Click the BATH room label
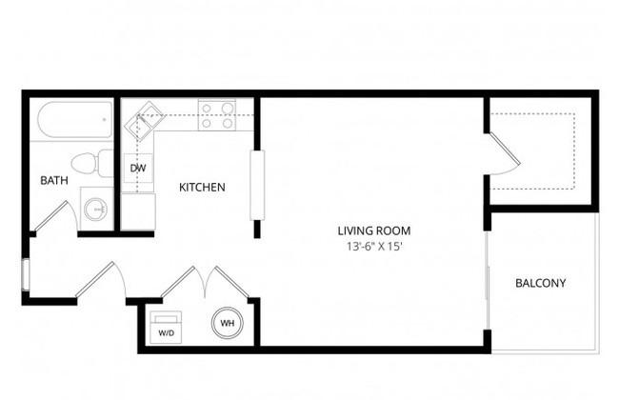(x=54, y=180)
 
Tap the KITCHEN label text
(x=202, y=188)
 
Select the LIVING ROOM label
(x=374, y=230)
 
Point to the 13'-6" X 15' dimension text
(x=374, y=247)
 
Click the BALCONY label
(x=541, y=283)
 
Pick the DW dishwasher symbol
(x=138, y=169)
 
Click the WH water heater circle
(x=228, y=323)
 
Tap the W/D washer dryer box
(x=166, y=327)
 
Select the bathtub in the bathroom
(x=75, y=120)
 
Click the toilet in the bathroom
(x=92, y=163)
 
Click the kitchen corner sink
(x=144, y=121)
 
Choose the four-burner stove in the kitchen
(x=217, y=115)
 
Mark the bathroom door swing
(x=56, y=216)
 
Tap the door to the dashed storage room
(x=505, y=154)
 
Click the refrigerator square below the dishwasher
(x=138, y=211)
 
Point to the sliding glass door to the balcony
(x=488, y=280)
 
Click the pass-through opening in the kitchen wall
(x=257, y=185)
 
